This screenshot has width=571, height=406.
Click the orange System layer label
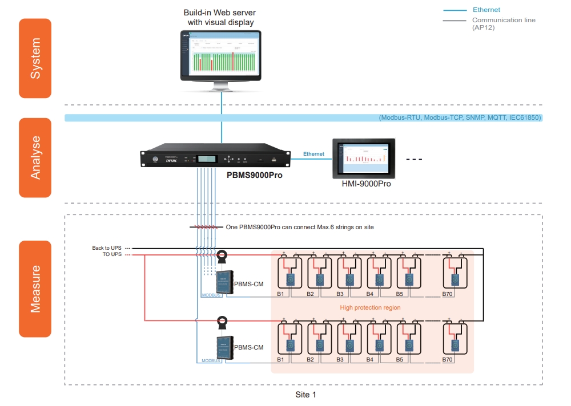tap(35, 58)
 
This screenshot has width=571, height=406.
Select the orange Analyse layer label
tap(35, 158)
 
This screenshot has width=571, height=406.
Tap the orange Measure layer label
tap(35, 289)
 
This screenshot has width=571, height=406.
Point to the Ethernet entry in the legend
tap(486, 10)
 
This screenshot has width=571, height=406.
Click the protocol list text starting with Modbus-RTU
tap(460, 118)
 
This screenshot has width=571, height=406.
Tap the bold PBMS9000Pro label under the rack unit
tap(255, 176)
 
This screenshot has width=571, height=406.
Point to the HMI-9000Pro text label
tap(366, 184)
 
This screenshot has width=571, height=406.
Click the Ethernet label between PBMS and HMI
tap(313, 154)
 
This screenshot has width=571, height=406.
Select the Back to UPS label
tap(107, 248)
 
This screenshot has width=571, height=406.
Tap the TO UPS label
tap(111, 255)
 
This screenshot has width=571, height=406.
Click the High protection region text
tap(370, 308)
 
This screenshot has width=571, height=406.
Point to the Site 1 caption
tap(305, 395)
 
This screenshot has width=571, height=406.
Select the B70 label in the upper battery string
tap(448, 295)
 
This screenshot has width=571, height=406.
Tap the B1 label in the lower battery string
tap(280, 360)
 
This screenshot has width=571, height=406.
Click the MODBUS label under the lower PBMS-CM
tap(211, 360)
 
